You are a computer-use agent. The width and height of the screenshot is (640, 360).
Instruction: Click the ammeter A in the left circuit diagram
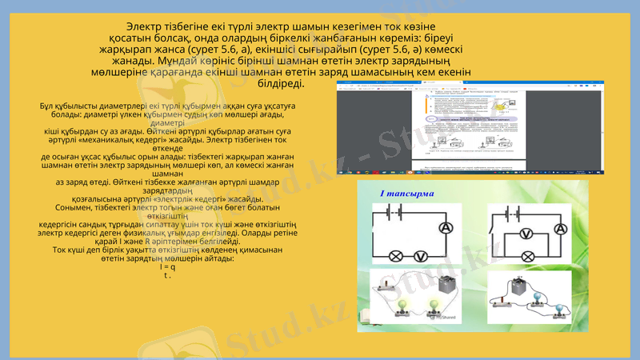click(445, 228)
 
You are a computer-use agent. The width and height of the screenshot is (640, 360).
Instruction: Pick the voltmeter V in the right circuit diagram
click(526, 234)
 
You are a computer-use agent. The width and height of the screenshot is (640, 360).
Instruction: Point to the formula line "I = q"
click(167, 266)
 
